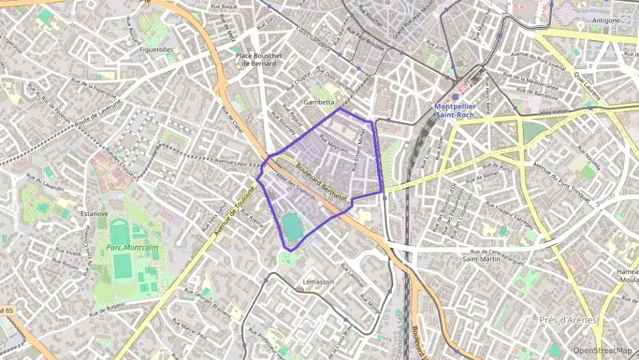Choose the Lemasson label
[318, 282]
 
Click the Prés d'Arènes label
[568, 320]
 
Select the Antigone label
[606, 20]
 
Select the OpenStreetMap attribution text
[602, 350]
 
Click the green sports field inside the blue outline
[293, 227]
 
